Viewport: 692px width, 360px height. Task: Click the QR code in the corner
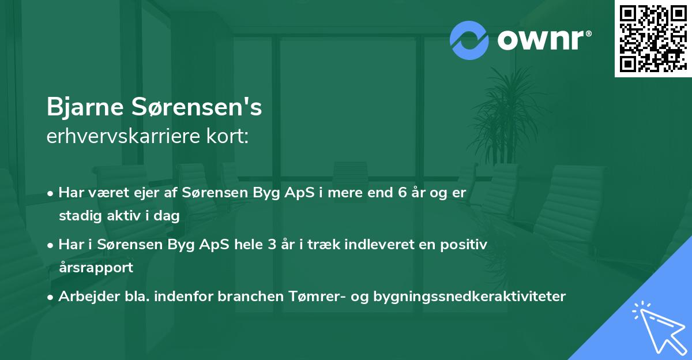pyautogui.click(x=653, y=38)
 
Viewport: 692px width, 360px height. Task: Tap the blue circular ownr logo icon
pyautogui.click(x=469, y=40)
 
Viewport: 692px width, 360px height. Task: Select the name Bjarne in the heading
pyautogui.click(x=85, y=108)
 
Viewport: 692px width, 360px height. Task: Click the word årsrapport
pyautogui.click(x=96, y=267)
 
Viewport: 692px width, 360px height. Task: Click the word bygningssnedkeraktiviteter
pyautogui.click(x=470, y=297)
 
